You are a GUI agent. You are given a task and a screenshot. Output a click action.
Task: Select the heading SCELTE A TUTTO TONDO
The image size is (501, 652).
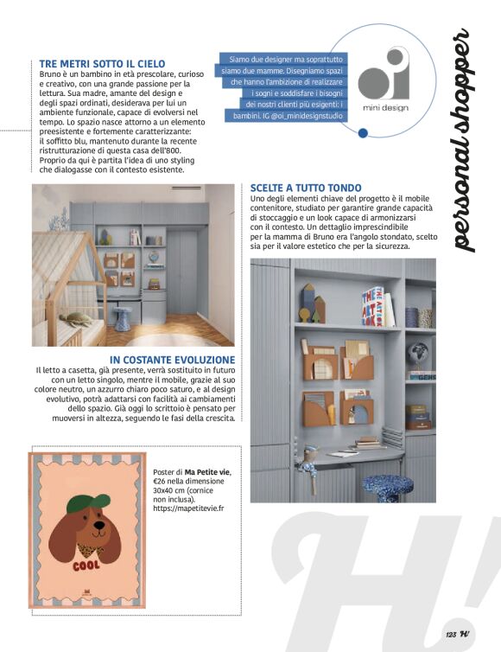(x=306, y=188)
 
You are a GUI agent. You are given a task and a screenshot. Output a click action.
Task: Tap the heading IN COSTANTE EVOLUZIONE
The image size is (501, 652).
(x=173, y=359)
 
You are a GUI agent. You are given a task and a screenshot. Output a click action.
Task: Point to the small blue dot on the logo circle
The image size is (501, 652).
(x=364, y=132)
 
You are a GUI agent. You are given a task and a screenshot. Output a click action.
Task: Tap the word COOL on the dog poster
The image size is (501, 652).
(x=86, y=566)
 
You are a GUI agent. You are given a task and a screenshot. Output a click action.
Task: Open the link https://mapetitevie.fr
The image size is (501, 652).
(x=188, y=508)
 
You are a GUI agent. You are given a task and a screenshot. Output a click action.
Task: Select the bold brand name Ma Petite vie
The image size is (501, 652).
(x=207, y=471)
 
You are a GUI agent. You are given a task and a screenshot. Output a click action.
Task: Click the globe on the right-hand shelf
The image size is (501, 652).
(x=420, y=355)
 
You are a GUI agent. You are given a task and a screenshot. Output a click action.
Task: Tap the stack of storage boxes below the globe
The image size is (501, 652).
(x=419, y=416)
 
